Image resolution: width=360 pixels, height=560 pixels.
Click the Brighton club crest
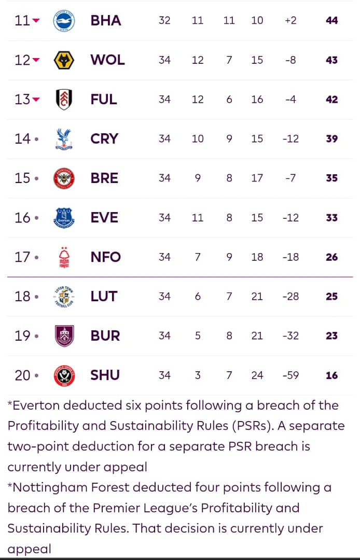(x=64, y=21)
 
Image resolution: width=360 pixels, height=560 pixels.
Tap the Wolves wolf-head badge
(x=64, y=60)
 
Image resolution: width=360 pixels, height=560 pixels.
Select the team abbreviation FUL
(x=104, y=100)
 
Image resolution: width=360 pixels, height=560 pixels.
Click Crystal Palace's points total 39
(x=331, y=139)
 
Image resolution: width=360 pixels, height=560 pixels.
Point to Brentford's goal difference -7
(x=290, y=178)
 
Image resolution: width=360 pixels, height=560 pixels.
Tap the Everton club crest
(x=64, y=218)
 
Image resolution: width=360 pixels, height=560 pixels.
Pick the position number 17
(x=23, y=257)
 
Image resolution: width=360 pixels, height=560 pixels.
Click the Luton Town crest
(x=64, y=297)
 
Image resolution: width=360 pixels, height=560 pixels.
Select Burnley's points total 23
(x=331, y=336)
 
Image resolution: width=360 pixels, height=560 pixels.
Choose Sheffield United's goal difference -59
(x=290, y=375)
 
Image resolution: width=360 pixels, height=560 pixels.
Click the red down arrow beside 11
(x=36, y=21)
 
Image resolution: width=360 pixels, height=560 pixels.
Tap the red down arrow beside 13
(x=36, y=100)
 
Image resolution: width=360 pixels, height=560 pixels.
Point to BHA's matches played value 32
(x=164, y=21)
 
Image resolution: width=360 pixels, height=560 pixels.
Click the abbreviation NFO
(x=105, y=257)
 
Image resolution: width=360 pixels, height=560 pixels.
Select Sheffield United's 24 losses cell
(x=257, y=375)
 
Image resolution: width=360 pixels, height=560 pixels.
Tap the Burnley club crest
(x=64, y=336)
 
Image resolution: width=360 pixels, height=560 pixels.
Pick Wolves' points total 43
(x=331, y=60)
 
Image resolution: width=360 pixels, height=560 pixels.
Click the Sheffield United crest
(x=64, y=375)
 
